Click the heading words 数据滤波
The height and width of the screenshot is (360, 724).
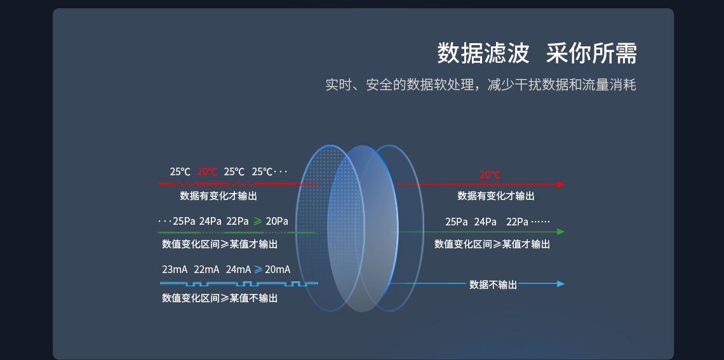tap(483, 54)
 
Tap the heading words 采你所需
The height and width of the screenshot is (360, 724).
tap(591, 54)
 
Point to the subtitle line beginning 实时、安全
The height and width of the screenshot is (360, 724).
tap(481, 84)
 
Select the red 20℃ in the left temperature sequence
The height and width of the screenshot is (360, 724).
tap(207, 171)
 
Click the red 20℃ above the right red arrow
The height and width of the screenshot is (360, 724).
tap(490, 175)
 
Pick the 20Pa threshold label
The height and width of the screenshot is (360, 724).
tap(277, 222)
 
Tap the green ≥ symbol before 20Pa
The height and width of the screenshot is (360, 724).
tap(258, 222)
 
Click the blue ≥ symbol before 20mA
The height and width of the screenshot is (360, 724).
tap(258, 269)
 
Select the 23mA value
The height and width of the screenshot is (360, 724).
tap(175, 269)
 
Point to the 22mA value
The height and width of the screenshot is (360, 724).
tap(206, 269)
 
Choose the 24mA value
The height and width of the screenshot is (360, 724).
tap(238, 269)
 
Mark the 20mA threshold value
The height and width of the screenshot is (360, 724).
tap(278, 269)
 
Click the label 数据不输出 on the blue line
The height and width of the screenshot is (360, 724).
tap(493, 284)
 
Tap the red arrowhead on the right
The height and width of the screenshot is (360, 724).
tap(561, 184)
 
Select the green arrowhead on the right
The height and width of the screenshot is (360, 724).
tap(561, 232)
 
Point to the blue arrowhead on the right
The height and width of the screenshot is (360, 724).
tap(561, 284)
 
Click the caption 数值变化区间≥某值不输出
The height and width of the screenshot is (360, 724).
tap(220, 298)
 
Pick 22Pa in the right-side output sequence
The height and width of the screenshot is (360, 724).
tap(517, 222)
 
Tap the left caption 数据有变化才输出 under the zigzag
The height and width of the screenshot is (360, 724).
tap(218, 196)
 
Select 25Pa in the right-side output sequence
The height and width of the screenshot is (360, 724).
tap(456, 222)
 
